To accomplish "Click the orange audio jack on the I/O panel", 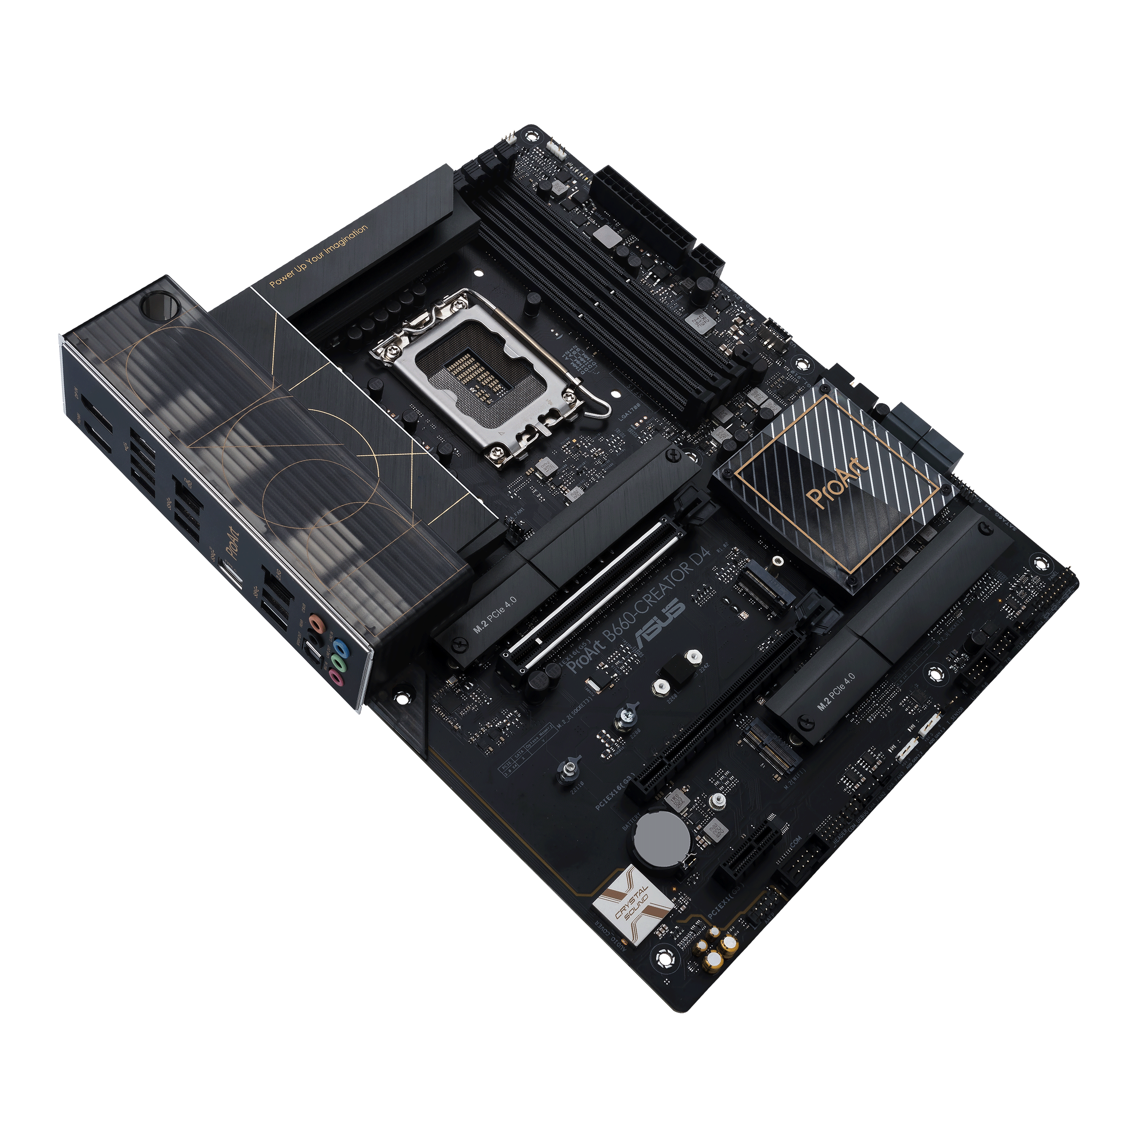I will (316, 622).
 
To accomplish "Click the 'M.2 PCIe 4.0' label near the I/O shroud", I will (495, 614).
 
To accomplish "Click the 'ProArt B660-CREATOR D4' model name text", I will (641, 610).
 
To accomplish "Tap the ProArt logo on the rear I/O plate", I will (234, 543).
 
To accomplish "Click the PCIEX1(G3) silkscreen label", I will (727, 901).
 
